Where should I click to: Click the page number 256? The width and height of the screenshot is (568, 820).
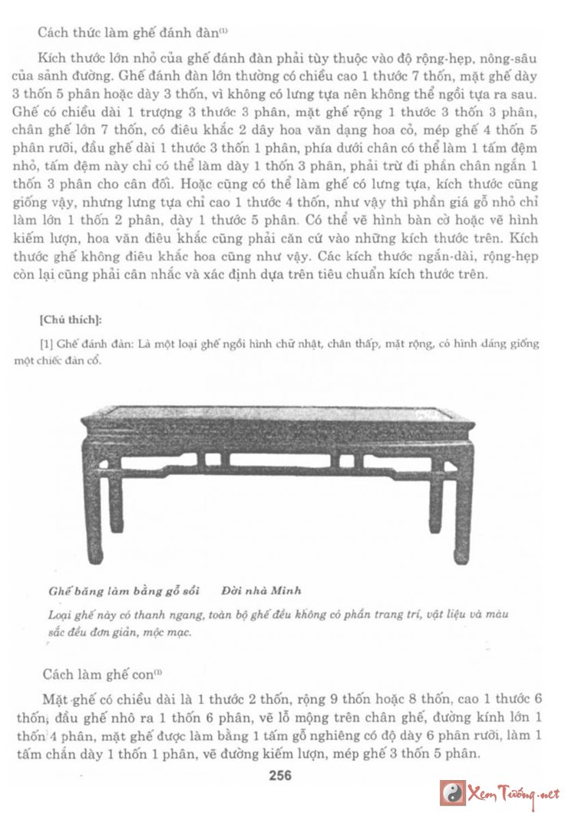280,775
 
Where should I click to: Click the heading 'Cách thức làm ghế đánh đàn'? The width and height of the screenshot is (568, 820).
130,33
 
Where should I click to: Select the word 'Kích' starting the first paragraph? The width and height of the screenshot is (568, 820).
51,59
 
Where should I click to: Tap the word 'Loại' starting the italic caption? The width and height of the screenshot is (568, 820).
59,616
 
